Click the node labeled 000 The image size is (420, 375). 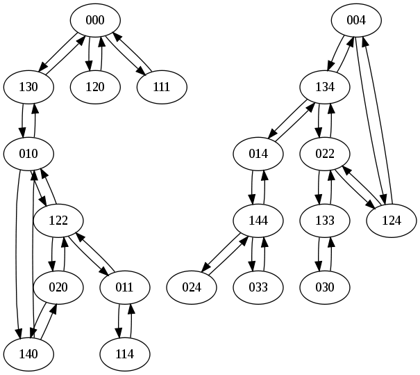click(95, 20)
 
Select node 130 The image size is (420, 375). click(29, 87)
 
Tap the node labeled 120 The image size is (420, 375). click(95, 87)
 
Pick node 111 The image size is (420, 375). click(162, 87)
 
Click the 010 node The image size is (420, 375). click(29, 154)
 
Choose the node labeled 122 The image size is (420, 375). click(58, 221)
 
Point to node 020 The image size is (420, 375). click(58, 287)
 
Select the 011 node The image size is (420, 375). click(125, 287)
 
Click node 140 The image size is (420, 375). click(29, 353)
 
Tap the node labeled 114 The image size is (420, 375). click(125, 353)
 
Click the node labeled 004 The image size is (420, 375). click(356, 20)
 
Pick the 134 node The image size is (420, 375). click(325, 87)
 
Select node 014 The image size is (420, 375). click(259, 154)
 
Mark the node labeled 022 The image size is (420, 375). click(325, 154)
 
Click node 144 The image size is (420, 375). click(259, 221)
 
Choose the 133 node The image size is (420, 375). click(325, 221)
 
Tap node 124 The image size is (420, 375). click(392, 221)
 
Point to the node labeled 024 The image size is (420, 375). click(192, 287)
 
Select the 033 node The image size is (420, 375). click(259, 287)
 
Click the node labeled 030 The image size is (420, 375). click(325, 287)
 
